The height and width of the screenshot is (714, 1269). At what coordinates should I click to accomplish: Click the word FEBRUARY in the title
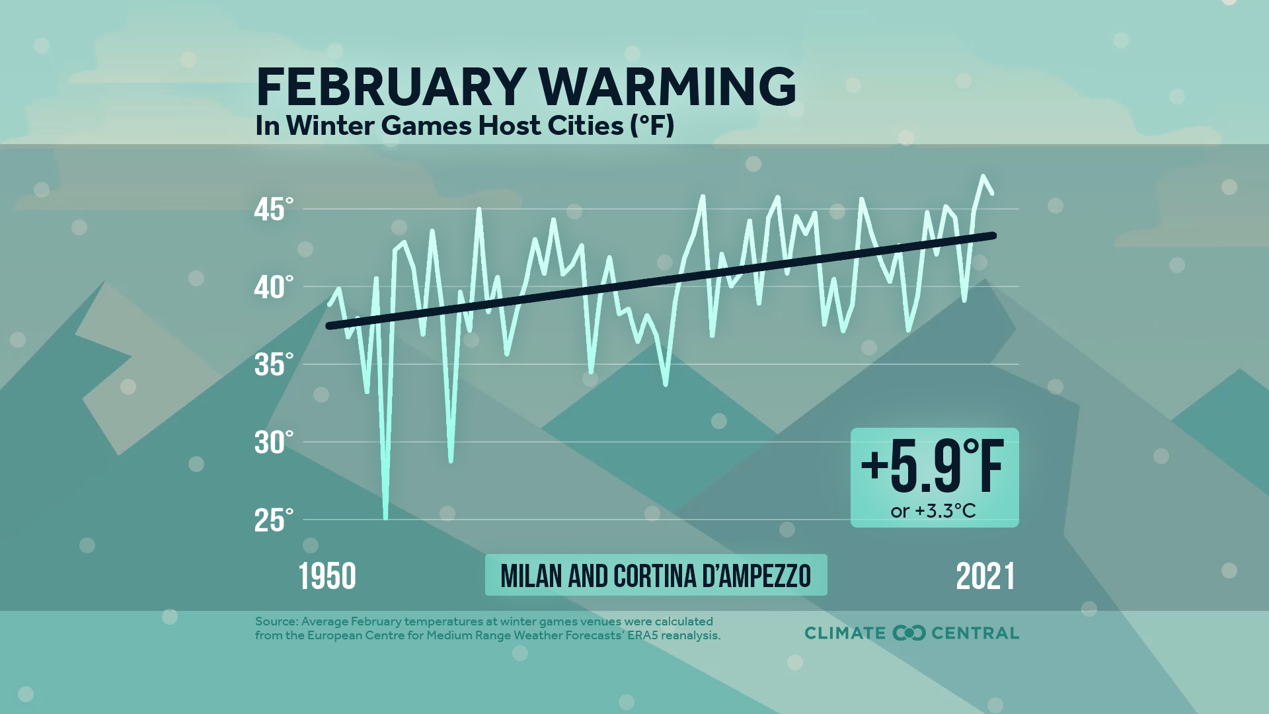(x=391, y=87)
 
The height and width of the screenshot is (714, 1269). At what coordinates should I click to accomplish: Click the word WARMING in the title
(x=668, y=87)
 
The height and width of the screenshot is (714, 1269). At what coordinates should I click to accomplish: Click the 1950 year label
(x=327, y=576)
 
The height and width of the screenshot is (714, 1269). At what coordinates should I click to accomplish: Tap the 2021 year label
(x=985, y=576)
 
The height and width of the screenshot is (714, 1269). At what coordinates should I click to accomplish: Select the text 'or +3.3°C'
(x=933, y=511)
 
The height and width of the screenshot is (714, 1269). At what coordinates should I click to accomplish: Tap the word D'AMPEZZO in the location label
(x=757, y=576)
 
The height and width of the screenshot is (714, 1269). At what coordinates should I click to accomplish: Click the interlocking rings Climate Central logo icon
(x=909, y=633)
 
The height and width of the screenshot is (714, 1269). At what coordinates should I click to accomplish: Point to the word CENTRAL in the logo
(x=975, y=633)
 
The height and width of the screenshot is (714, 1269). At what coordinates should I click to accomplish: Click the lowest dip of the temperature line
(x=386, y=518)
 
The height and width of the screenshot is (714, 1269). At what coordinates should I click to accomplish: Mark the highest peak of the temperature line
(x=983, y=177)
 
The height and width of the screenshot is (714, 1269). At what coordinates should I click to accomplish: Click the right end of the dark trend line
(x=993, y=235)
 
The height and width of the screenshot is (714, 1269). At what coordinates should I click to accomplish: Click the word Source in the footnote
(x=275, y=621)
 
